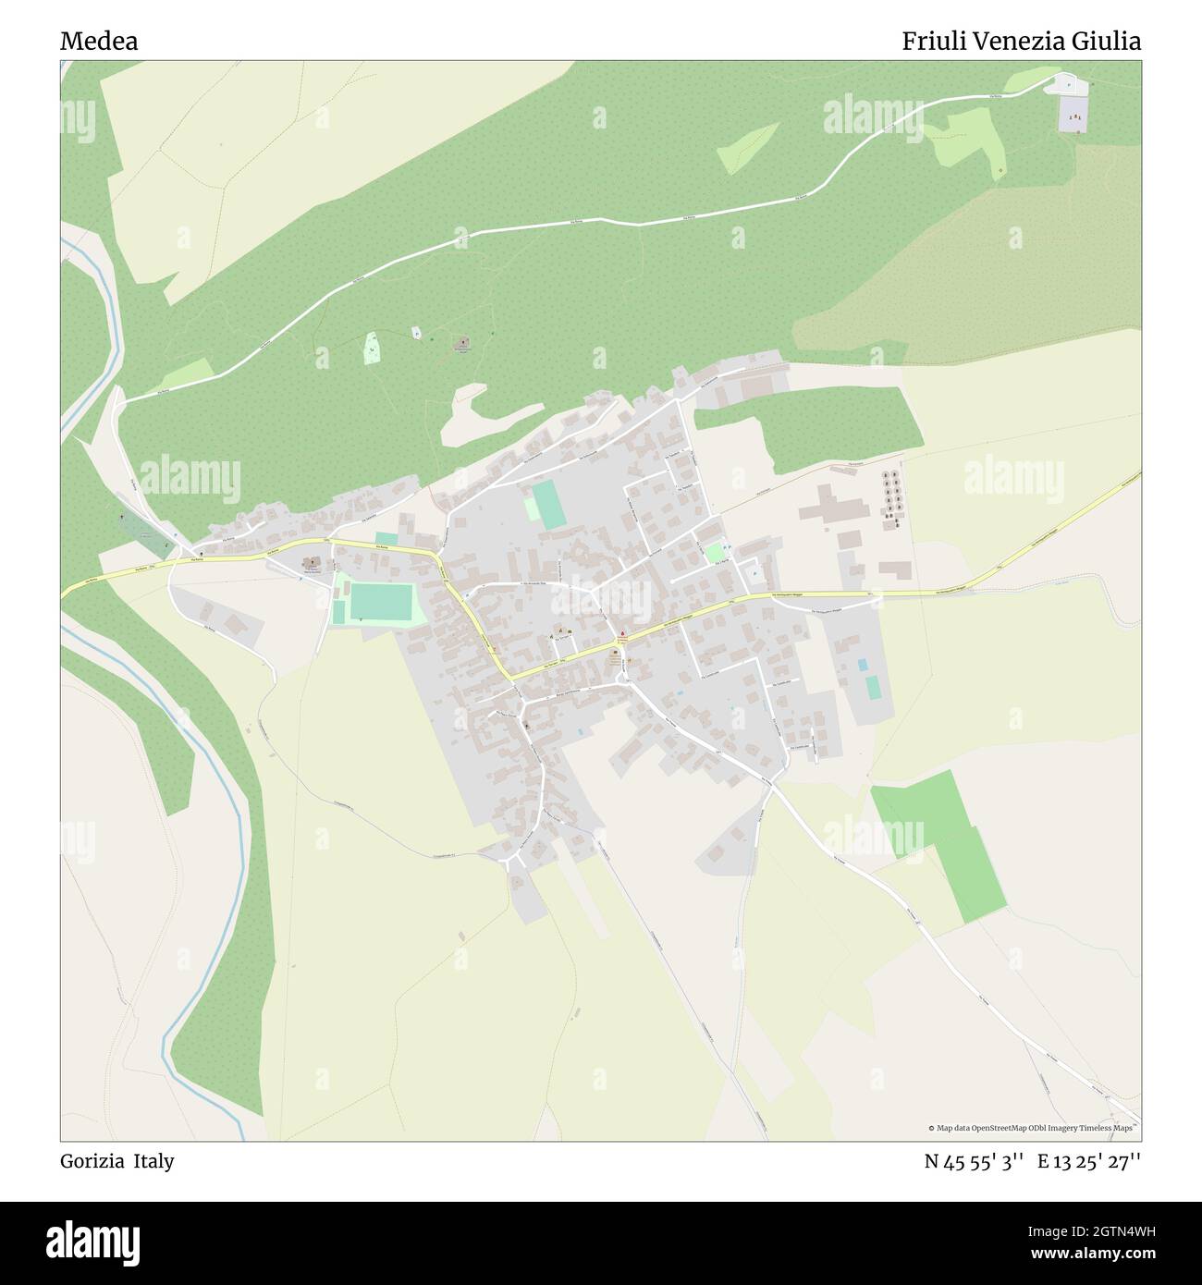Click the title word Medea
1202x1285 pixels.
pyautogui.click(x=99, y=42)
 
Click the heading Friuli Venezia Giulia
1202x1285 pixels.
pyautogui.click(x=1021, y=42)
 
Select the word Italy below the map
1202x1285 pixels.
pyautogui.click(x=153, y=1161)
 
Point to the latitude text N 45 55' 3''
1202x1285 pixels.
pyautogui.click(x=974, y=1161)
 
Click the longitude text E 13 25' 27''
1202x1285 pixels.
pyautogui.click(x=1088, y=1161)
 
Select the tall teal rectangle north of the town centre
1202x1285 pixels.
pyautogui.click(x=549, y=504)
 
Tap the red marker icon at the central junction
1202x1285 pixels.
pyautogui.click(x=623, y=635)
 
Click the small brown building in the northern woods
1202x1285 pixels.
pyautogui.click(x=462, y=344)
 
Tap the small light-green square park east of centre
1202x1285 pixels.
pyautogui.click(x=714, y=554)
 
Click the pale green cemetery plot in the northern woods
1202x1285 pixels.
pyautogui.click(x=371, y=348)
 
